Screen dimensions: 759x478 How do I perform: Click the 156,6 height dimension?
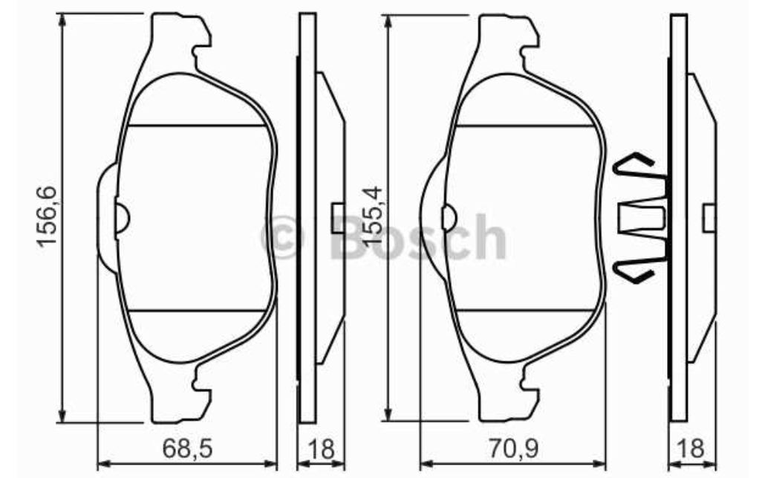49,216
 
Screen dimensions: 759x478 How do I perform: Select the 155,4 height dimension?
374,216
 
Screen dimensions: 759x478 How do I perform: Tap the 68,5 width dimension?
187,448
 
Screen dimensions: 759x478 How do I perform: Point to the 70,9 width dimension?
513,448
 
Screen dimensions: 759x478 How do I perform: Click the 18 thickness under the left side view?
321,448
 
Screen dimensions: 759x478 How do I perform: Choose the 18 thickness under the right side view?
691,448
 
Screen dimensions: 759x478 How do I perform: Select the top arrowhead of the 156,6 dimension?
62,20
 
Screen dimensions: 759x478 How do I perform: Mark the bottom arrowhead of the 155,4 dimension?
387,413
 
